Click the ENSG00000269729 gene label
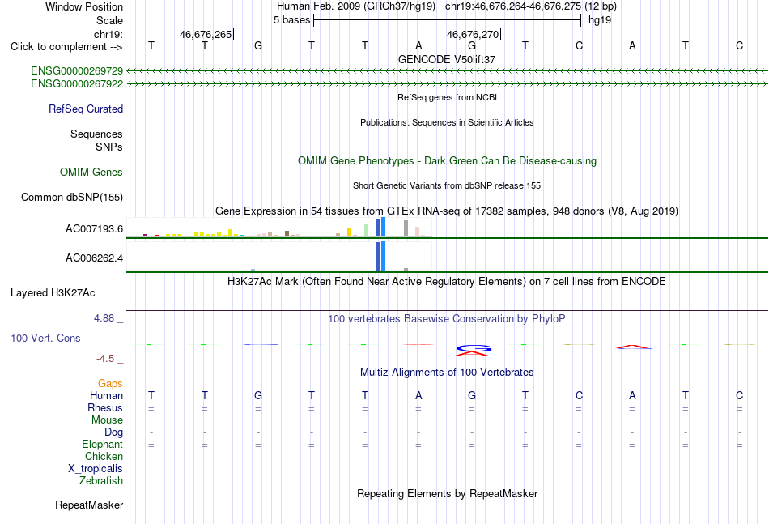(x=77, y=71)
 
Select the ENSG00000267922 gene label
(x=77, y=84)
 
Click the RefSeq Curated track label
(x=86, y=109)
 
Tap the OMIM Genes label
(x=91, y=173)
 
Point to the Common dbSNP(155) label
(x=72, y=198)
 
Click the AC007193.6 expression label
(x=94, y=229)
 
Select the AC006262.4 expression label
(x=94, y=258)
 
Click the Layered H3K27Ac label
(x=53, y=293)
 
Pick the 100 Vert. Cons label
(x=45, y=338)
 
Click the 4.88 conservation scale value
(x=104, y=318)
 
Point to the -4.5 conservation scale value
(x=105, y=359)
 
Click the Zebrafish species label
(x=101, y=481)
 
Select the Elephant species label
(x=103, y=445)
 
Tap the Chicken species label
(x=104, y=456)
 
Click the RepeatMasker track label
(x=89, y=505)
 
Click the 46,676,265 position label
(x=206, y=34)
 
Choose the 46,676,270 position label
(x=473, y=34)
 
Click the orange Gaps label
(x=110, y=384)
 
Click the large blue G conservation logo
(x=474, y=349)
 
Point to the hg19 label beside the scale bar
(x=600, y=20)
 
